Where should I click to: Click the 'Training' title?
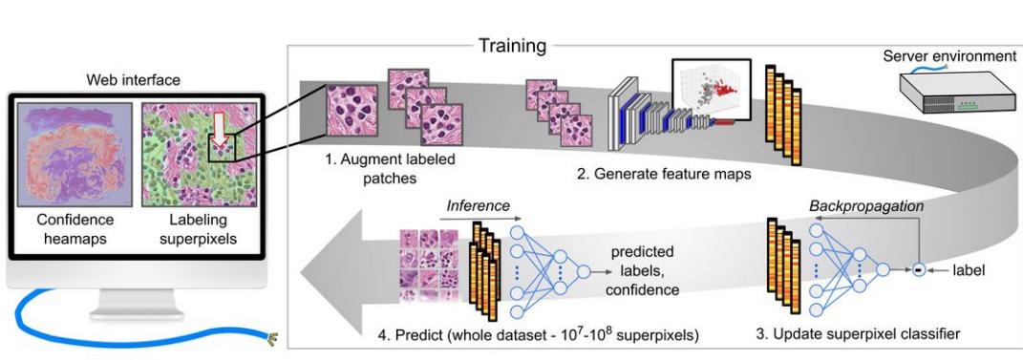coord(512,46)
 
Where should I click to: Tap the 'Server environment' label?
coord(950,57)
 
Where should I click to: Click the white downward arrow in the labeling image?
coord(219,129)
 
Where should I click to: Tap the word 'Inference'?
coord(479,206)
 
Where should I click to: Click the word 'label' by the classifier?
coord(970,270)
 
